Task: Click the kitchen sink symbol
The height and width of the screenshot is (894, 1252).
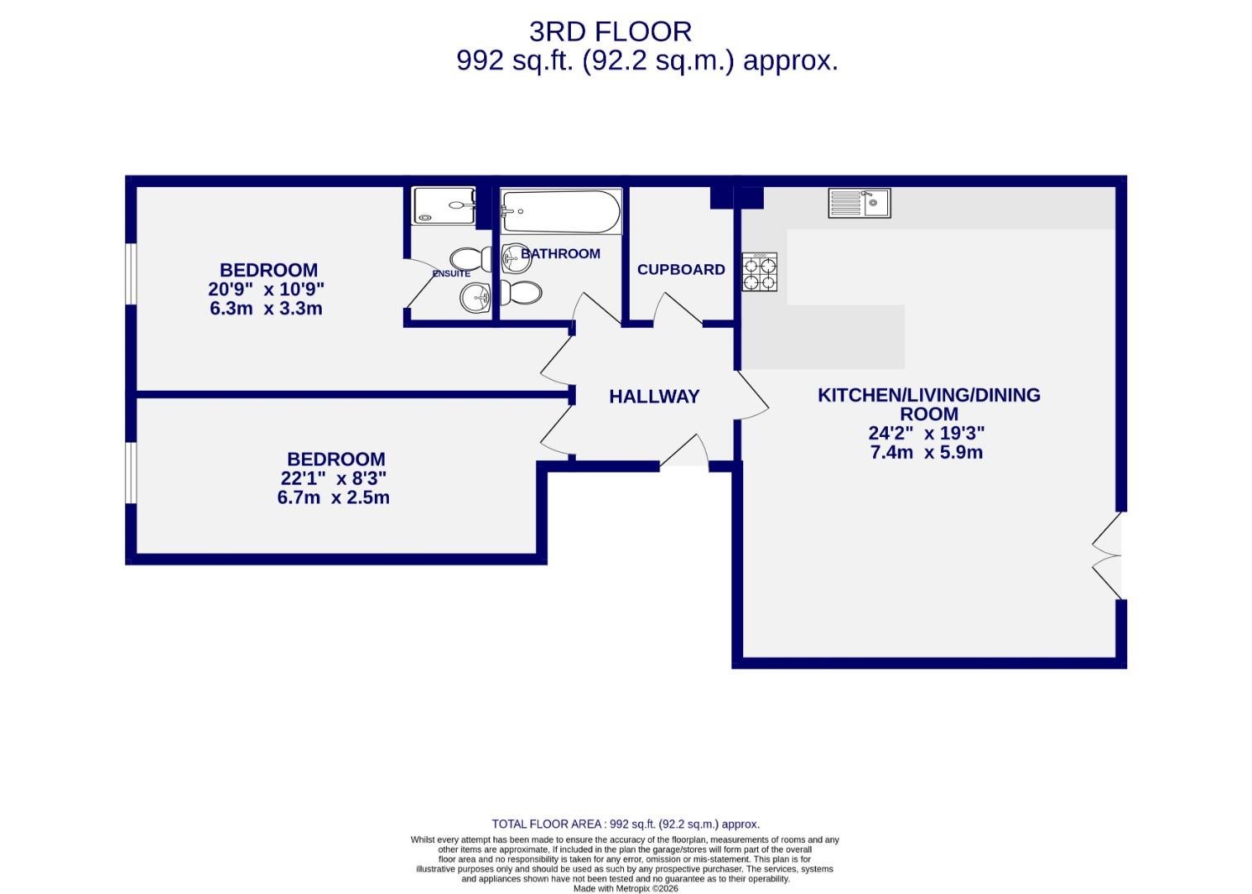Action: (859, 203)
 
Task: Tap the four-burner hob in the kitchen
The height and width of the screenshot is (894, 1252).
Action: (759, 272)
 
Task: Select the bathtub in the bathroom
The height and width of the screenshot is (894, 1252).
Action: (561, 213)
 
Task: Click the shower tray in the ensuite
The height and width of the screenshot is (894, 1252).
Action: (444, 206)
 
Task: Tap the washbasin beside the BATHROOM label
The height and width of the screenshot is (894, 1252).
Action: (515, 257)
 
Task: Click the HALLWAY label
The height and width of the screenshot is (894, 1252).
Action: (654, 397)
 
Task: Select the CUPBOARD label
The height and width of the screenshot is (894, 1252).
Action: (680, 270)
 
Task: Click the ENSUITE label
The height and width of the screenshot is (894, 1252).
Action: (451, 274)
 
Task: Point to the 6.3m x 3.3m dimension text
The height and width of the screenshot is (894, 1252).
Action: (266, 309)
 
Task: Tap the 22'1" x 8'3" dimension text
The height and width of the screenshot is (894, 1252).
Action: (333, 478)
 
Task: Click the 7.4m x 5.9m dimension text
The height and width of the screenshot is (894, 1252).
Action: (926, 453)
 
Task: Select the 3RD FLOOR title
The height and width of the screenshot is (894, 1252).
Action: (610, 31)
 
